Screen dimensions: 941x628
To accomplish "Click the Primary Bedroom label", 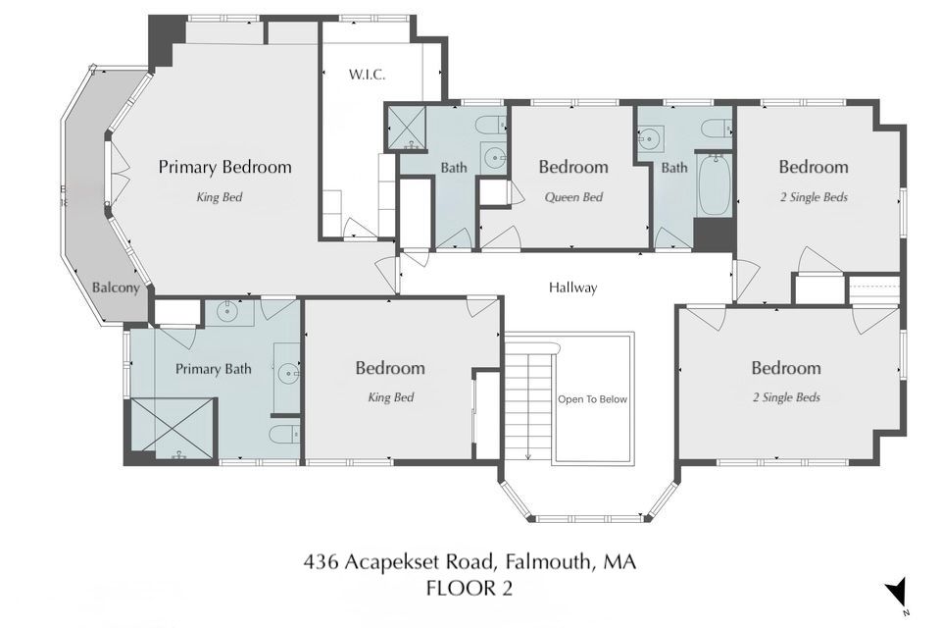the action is [225, 167].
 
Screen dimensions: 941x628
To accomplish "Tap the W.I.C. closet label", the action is [367, 75].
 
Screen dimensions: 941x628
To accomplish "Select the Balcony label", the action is [116, 288].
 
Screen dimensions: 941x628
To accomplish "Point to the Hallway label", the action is [573, 288].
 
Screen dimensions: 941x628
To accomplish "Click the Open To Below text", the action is [592, 399].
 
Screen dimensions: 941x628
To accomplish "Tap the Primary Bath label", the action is [213, 369].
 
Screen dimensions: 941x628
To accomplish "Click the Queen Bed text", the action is [573, 197].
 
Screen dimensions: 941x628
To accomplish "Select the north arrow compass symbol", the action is [896, 593].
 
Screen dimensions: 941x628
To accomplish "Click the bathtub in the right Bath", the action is [714, 185].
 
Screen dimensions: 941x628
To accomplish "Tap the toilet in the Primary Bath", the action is [284, 434].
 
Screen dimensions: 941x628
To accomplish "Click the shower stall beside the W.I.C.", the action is [406, 127].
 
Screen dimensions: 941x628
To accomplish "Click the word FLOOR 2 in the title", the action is [470, 588].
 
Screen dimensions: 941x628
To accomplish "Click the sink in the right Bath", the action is [649, 138].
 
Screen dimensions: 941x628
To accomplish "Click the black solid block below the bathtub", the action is [715, 235].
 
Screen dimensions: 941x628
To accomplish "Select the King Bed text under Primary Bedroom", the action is [220, 197].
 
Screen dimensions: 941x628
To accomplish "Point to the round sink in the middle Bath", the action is [494, 159].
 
